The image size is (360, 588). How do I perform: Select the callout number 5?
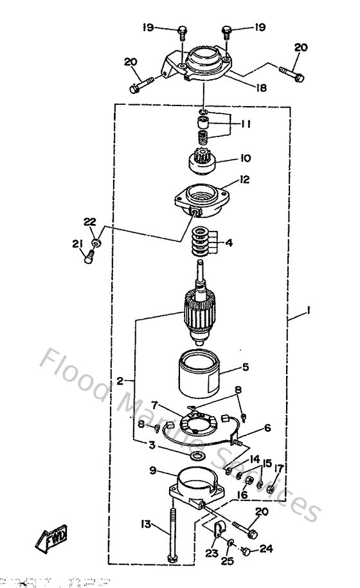point(245,369)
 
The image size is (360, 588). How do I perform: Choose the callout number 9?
point(153,470)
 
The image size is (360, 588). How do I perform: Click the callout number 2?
point(120,381)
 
